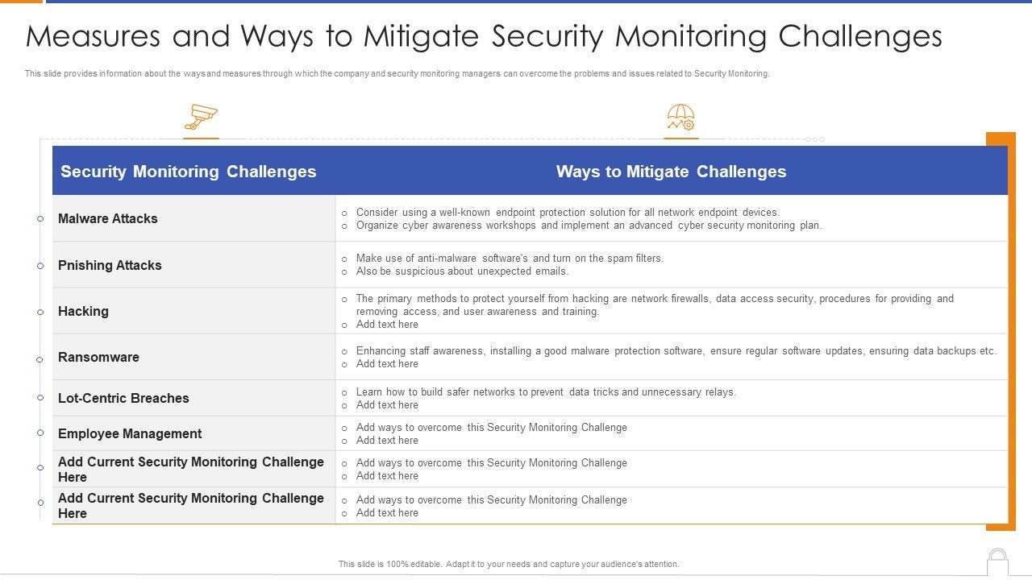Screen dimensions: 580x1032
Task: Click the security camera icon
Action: (x=201, y=118)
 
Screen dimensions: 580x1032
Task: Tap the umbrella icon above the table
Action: (x=680, y=118)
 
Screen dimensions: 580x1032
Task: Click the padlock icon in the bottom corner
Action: (x=997, y=561)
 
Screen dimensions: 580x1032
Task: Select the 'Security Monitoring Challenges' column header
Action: (x=189, y=172)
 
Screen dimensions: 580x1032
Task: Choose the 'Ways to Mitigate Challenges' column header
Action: (x=671, y=172)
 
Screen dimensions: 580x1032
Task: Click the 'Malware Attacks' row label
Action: (x=108, y=218)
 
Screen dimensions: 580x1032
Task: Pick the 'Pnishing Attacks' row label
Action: (x=110, y=265)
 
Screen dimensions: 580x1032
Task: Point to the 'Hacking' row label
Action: (x=83, y=311)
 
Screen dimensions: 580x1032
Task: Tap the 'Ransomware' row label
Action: (x=98, y=357)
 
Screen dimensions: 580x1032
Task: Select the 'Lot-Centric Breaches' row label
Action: (x=123, y=398)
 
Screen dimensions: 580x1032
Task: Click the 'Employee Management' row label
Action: (x=130, y=433)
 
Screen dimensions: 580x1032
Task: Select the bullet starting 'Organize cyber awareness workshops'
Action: (x=589, y=226)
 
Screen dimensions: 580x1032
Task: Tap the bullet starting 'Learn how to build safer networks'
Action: (x=546, y=392)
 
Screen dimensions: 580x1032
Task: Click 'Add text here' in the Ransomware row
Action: (x=387, y=364)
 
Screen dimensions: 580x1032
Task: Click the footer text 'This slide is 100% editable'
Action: (x=509, y=564)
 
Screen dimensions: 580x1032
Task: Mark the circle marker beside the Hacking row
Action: (x=40, y=313)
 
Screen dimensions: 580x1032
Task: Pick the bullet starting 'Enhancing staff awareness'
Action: (x=676, y=351)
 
